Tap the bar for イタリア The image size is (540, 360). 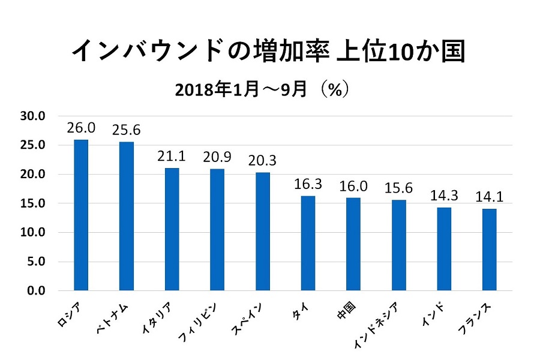(172, 229)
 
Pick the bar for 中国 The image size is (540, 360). (353, 244)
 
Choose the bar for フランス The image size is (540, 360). (489, 250)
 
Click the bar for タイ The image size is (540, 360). (308, 243)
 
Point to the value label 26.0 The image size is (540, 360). (80, 128)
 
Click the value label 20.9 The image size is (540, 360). (217, 157)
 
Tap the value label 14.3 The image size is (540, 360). (444, 196)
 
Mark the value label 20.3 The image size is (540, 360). (262, 161)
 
